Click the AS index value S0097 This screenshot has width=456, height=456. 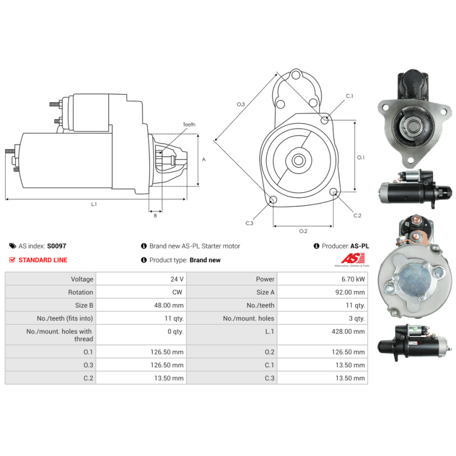point(56,246)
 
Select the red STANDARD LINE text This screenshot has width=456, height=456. point(43,260)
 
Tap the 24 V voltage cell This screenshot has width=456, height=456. point(177,279)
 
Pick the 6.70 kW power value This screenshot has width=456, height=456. point(353,279)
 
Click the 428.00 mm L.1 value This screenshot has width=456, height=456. point(348,332)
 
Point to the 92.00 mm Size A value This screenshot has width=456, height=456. point(350,292)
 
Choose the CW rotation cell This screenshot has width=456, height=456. point(177,292)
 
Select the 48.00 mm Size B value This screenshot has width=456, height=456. point(169,306)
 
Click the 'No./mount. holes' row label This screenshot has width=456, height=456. point(249,319)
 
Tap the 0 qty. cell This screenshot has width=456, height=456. point(176,332)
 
